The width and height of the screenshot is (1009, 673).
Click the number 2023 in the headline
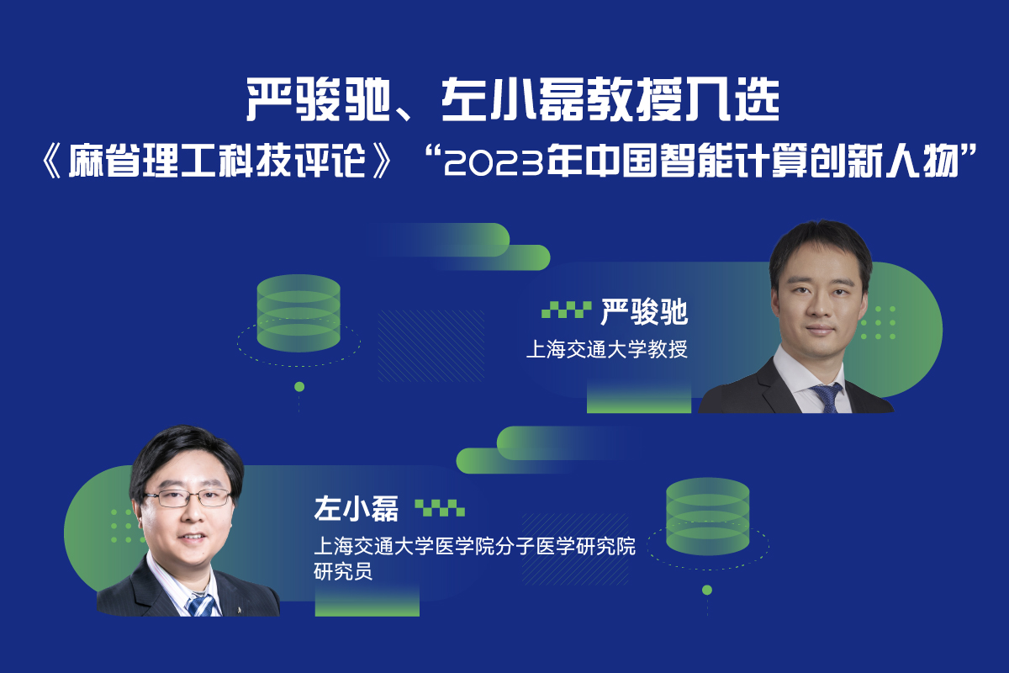coord(494,162)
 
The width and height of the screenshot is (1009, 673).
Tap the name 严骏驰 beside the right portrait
coord(644,311)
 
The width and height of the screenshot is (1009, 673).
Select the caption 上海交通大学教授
coord(607,349)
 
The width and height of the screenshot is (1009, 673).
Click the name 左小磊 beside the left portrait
coord(356,509)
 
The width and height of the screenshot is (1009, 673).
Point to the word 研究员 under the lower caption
coord(343,571)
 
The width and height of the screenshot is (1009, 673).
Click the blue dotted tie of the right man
coord(827,398)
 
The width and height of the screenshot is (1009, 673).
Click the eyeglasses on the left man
coord(188,498)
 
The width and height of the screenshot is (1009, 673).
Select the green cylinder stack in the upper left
coord(298,313)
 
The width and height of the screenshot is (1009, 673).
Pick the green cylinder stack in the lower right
coord(708,517)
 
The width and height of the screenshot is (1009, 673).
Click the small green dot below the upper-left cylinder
coord(299,387)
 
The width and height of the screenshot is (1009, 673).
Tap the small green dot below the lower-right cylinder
coord(707,590)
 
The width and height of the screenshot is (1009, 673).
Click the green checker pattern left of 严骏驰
coord(566,310)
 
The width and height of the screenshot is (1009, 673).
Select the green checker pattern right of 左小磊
coord(440,508)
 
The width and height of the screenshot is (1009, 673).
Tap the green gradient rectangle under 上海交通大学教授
coord(639,397)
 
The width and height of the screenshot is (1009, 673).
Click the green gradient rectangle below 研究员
coord(367,601)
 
